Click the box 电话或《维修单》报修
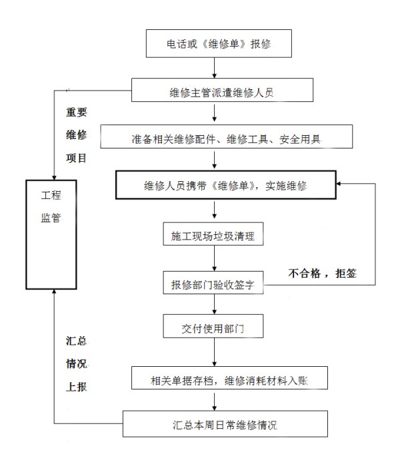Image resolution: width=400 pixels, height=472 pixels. (x=219, y=43)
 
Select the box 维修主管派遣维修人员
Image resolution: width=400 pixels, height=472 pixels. (x=222, y=90)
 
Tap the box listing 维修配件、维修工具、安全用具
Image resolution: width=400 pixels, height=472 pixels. (x=227, y=136)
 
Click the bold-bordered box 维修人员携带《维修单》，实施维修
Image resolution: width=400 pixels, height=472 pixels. (x=226, y=185)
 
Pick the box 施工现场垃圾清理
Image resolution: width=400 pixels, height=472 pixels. (x=213, y=234)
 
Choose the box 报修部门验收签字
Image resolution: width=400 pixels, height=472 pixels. (x=213, y=283)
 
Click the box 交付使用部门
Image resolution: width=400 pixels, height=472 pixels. (x=213, y=326)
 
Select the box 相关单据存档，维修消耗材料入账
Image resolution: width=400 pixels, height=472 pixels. (x=229, y=377)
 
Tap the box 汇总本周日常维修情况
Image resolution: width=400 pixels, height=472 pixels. (x=225, y=424)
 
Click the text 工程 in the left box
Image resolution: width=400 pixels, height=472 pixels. (x=51, y=195)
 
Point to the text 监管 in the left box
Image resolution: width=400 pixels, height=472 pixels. (x=51, y=217)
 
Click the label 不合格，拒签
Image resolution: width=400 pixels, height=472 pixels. (x=322, y=274)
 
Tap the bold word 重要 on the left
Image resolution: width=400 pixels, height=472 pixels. (x=76, y=112)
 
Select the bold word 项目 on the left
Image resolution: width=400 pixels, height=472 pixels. (x=76, y=158)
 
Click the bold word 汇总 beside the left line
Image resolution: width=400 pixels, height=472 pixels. (x=76, y=341)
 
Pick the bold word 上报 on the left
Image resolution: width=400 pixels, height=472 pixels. (x=76, y=387)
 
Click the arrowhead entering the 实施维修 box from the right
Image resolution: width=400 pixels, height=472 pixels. (x=339, y=184)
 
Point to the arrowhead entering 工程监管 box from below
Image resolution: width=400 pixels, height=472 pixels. (x=54, y=292)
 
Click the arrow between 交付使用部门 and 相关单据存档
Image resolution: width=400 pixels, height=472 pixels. (x=214, y=352)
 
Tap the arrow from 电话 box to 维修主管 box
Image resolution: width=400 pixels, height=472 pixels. (x=214, y=68)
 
